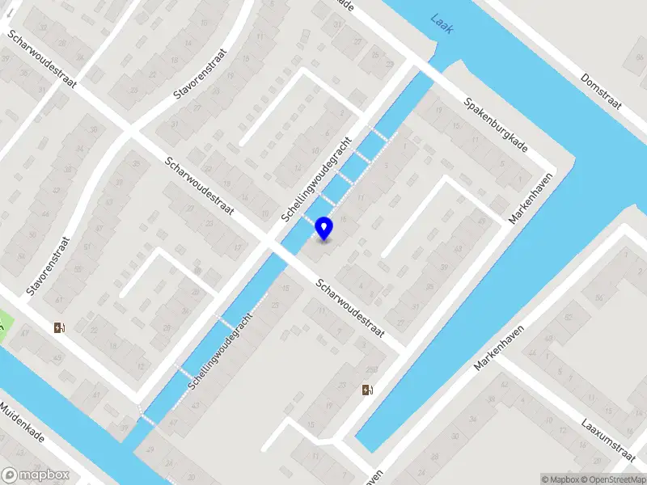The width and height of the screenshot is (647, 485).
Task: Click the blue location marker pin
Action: coord(323,228)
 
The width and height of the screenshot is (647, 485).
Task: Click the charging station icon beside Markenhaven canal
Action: coord(368,390)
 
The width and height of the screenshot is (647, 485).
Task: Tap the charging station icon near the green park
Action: coord(59,327)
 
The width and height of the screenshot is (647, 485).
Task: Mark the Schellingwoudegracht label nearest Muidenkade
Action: coord(221,354)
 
